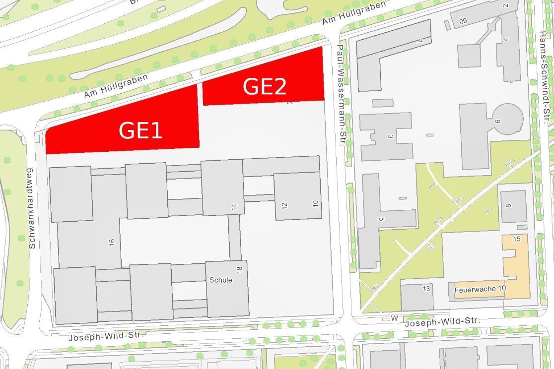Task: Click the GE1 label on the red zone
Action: [140, 131]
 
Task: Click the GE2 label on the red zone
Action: [265, 87]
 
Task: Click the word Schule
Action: [220, 280]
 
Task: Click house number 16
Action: [112, 242]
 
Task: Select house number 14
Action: [234, 207]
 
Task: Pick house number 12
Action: [285, 205]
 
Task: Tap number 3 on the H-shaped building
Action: [391, 136]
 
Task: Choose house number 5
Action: [381, 219]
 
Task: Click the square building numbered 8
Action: [512, 206]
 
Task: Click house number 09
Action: [463, 21]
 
